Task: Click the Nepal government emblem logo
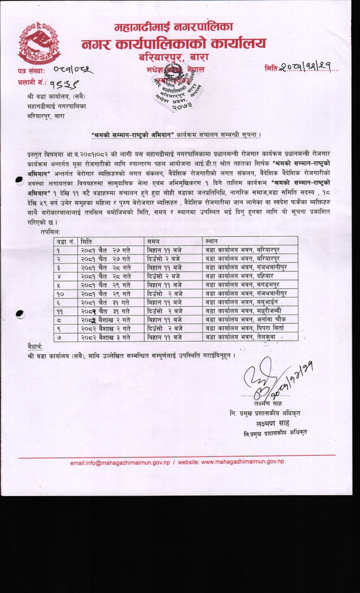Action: point(39,42)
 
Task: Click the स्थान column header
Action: point(211,241)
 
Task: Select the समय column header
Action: point(153,241)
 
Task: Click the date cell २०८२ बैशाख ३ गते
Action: point(106,337)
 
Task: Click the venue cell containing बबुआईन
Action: point(247,302)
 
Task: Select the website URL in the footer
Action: point(231,462)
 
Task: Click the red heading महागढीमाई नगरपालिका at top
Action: point(174,28)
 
